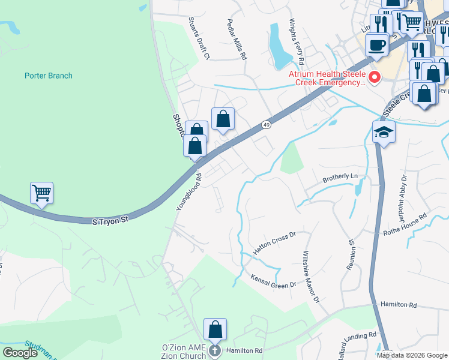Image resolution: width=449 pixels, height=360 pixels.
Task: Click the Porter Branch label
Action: pyautogui.click(x=49, y=76)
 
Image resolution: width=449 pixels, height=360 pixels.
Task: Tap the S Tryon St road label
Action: pyautogui.click(x=110, y=221)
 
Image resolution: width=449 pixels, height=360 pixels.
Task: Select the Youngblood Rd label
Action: pyautogui.click(x=188, y=192)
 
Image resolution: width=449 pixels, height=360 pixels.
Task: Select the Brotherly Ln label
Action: pyautogui.click(x=340, y=178)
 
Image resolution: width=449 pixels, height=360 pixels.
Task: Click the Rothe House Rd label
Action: pyautogui.click(x=406, y=224)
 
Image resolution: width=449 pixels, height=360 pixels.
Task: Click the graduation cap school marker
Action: pyautogui.click(x=384, y=133)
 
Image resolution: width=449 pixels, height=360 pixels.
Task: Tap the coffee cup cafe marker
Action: pyautogui.click(x=376, y=45)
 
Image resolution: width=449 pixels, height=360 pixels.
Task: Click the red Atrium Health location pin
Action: pyautogui.click(x=375, y=77)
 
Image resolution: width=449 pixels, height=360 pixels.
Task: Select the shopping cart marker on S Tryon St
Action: pyautogui.click(x=41, y=193)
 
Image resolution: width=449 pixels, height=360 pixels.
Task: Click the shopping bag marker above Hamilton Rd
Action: pyautogui.click(x=215, y=329)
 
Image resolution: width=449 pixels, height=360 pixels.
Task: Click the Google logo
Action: pyautogui.click(x=20, y=353)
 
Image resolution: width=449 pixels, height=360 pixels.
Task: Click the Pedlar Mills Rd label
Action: pyautogui.click(x=237, y=39)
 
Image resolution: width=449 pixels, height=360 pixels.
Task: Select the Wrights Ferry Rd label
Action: pyautogui.click(x=297, y=42)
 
